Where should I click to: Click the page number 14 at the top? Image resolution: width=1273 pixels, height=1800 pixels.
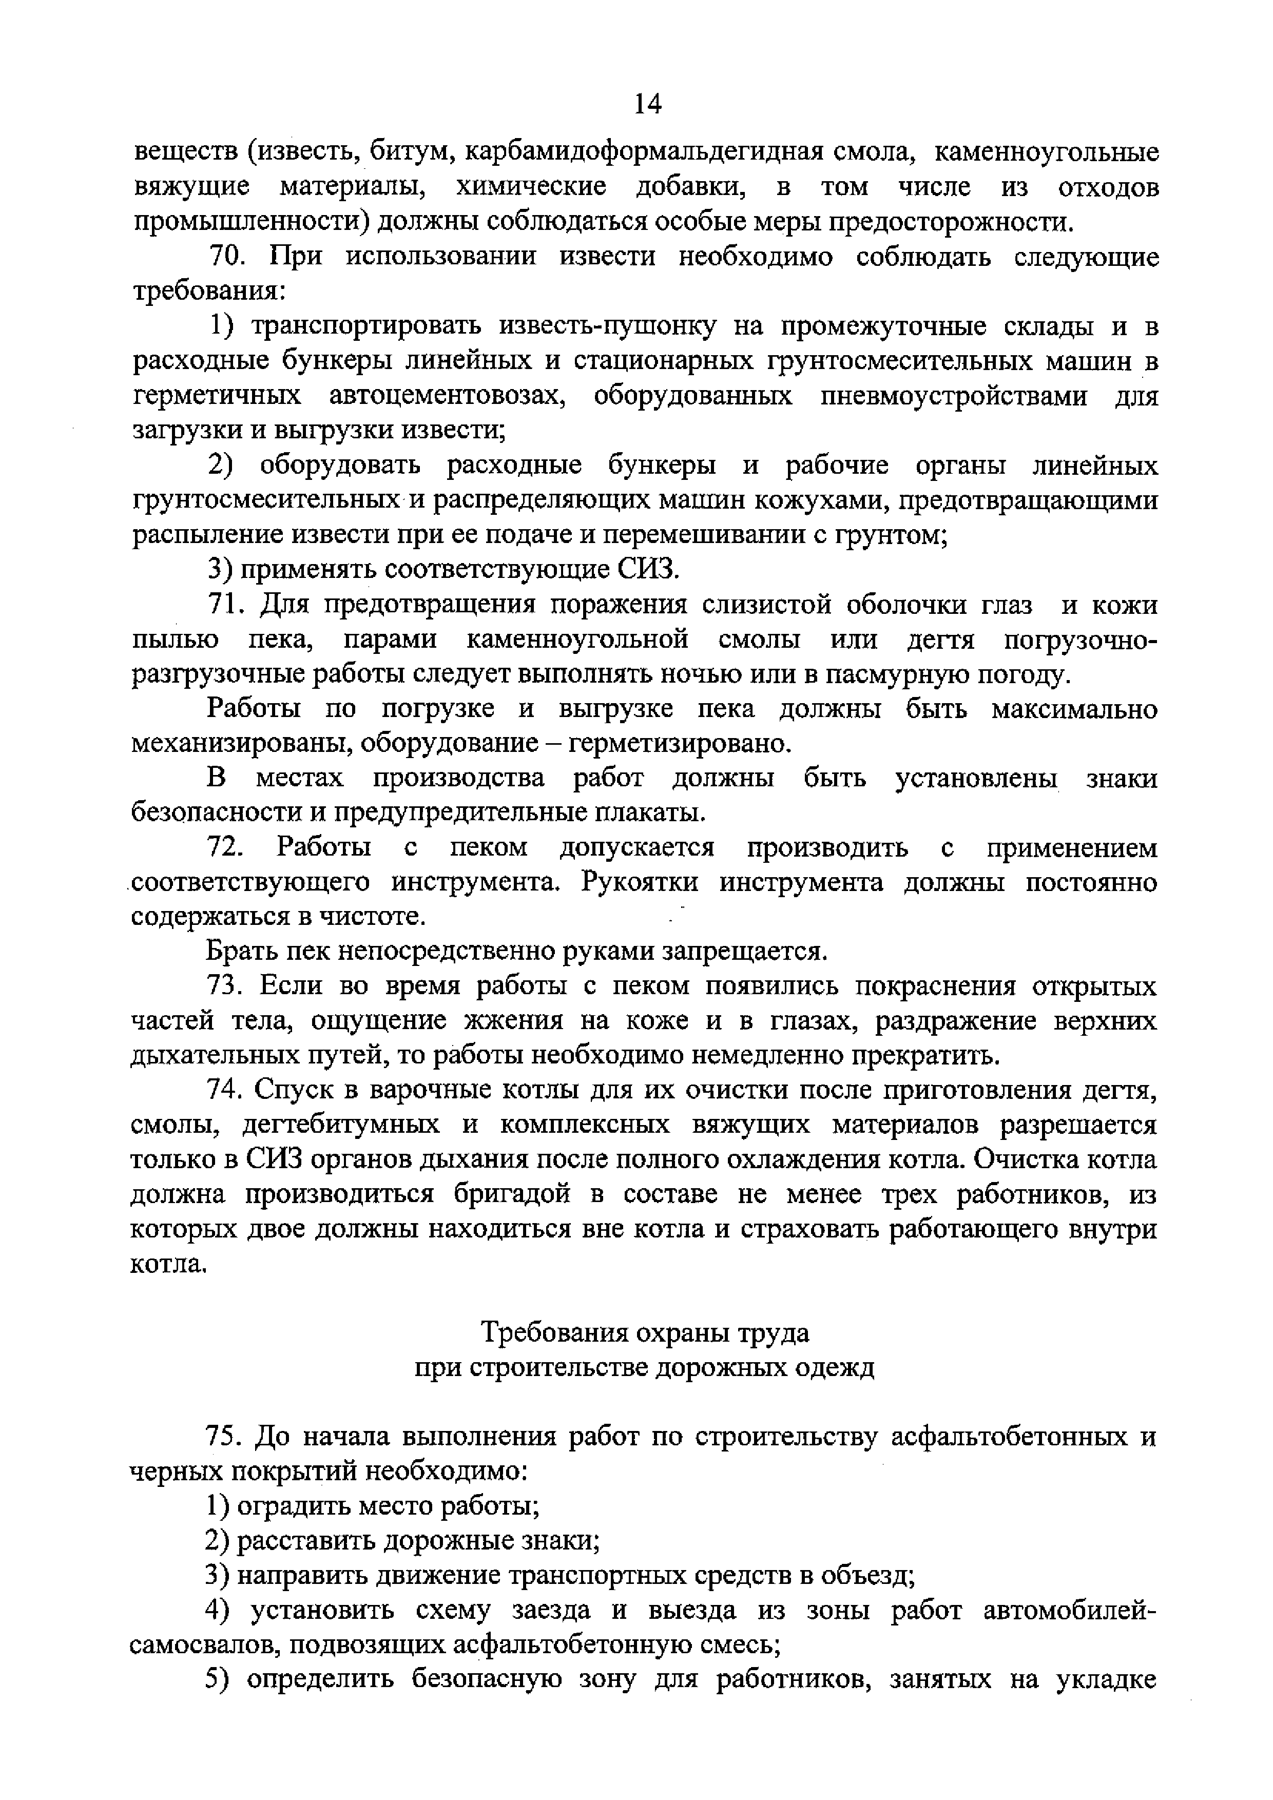tap(647, 103)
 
